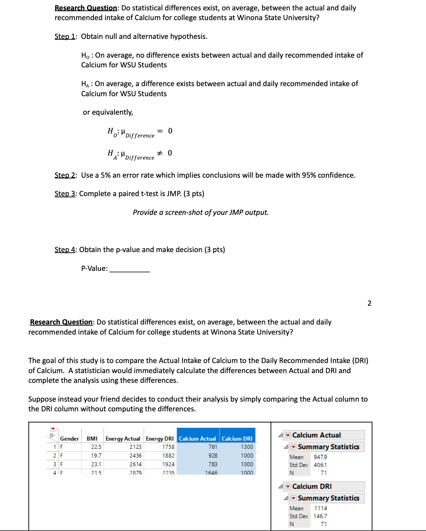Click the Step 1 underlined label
coord(65,37)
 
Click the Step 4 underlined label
coord(65,250)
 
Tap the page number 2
coord(369,303)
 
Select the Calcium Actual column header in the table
coord(197,438)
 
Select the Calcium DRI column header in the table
coord(237,438)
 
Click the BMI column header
coord(92,438)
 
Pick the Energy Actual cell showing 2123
coord(135,447)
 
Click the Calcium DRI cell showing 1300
coord(247,447)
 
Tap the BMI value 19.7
coord(96,456)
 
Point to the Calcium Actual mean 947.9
coord(320,457)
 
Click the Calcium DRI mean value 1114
coord(320,508)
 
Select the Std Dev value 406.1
coord(320,465)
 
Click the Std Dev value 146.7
coord(320,516)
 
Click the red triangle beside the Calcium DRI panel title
coord(288,486)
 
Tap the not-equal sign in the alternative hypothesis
coord(160,153)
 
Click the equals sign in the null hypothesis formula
coord(160,131)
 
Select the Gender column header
coord(69,438)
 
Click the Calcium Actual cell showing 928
coord(213,456)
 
